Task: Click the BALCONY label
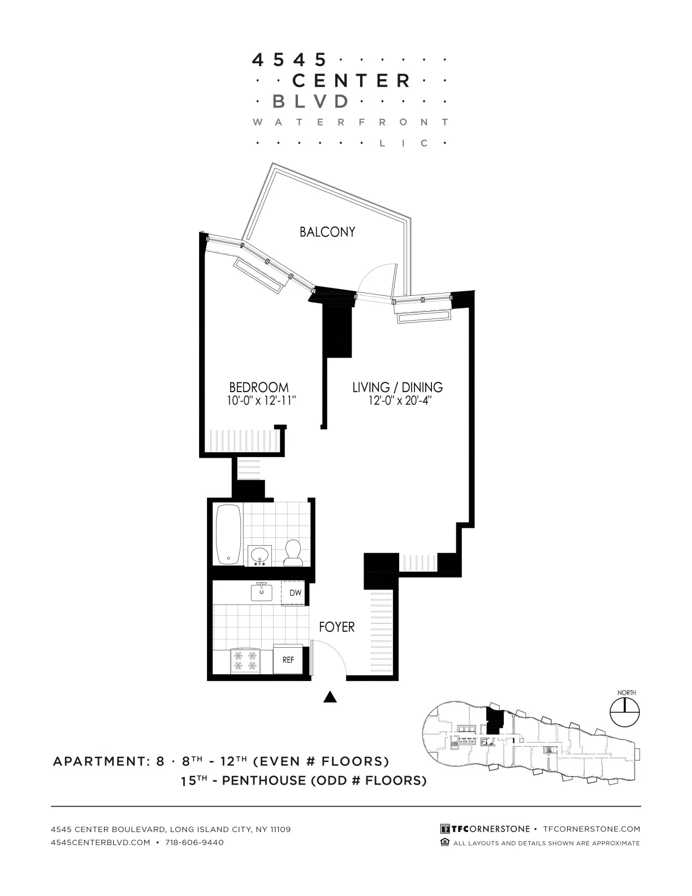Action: pyautogui.click(x=327, y=232)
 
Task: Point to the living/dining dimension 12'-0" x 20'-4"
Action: pyautogui.click(x=400, y=401)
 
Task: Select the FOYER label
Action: pyautogui.click(x=336, y=627)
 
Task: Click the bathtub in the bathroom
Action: pyautogui.click(x=228, y=534)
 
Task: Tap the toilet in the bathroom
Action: pyautogui.click(x=293, y=553)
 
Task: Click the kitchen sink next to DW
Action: pyautogui.click(x=262, y=592)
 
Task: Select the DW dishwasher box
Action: pyautogui.click(x=295, y=593)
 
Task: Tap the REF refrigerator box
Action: pyautogui.click(x=288, y=660)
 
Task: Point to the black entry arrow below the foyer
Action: pyautogui.click(x=330, y=697)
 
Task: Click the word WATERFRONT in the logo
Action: pyautogui.click(x=351, y=122)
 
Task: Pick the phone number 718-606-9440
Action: pyautogui.click(x=194, y=842)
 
